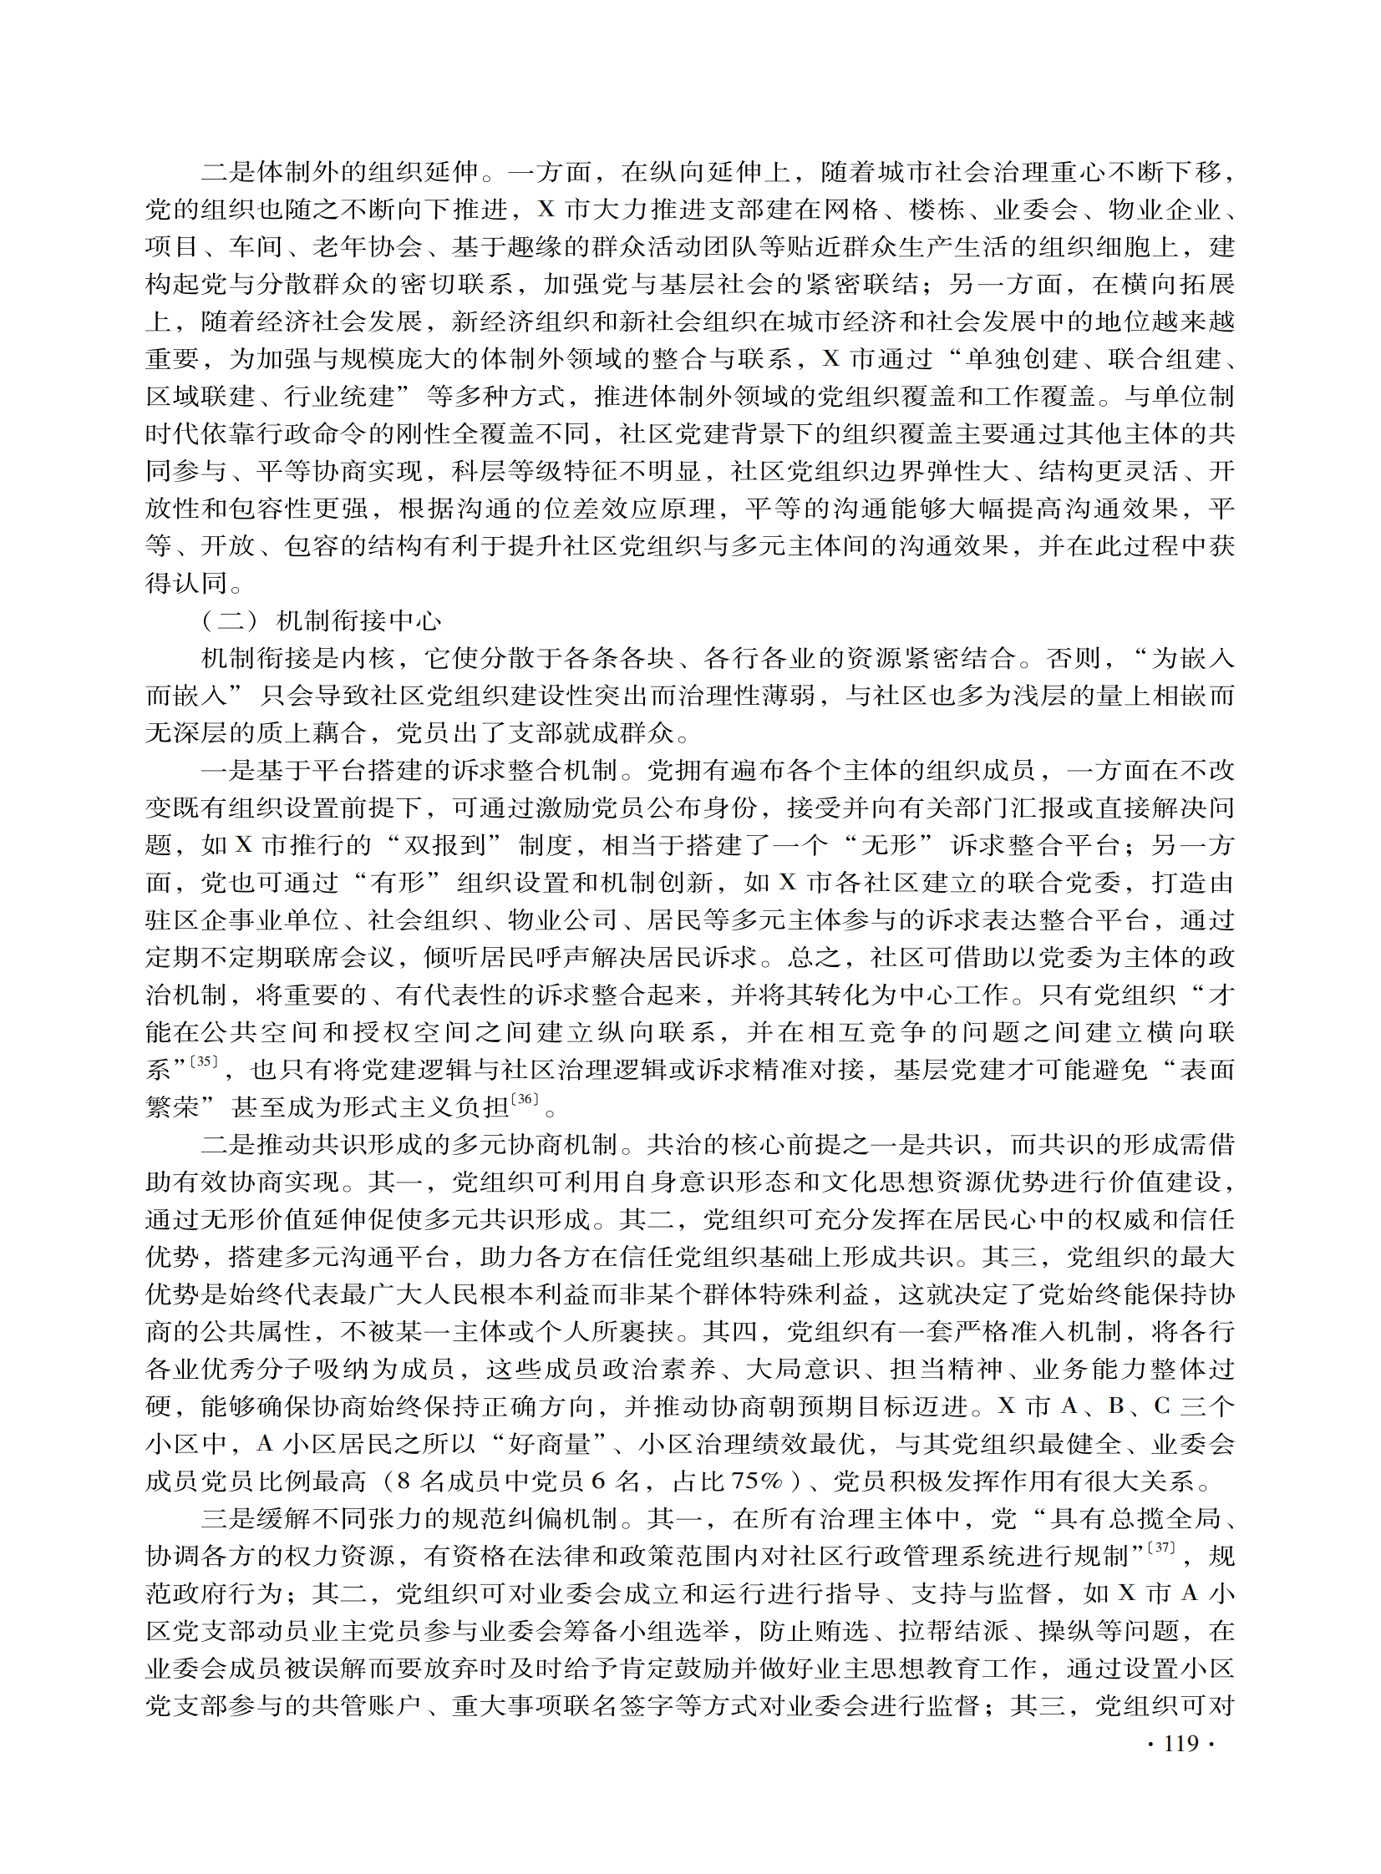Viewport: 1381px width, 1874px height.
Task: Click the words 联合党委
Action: click(1038, 882)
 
